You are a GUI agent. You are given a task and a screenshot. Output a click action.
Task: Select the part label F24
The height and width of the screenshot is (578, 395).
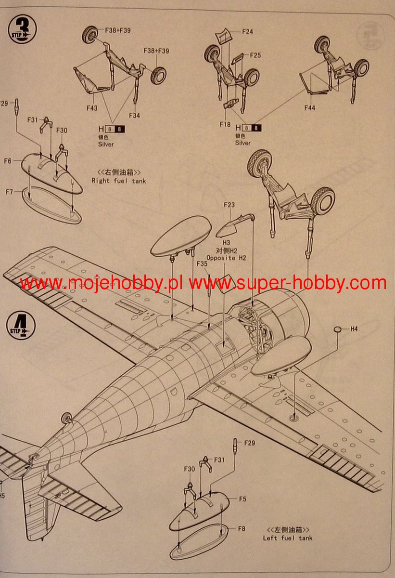point(247,32)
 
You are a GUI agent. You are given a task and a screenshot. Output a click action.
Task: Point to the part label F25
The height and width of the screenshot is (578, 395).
point(255,55)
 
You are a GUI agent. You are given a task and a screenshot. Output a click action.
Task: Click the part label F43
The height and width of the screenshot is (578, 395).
point(92,108)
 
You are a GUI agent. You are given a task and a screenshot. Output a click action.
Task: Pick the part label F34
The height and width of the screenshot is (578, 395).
point(134,115)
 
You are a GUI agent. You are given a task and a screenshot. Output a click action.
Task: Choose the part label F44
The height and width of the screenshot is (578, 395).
point(310,108)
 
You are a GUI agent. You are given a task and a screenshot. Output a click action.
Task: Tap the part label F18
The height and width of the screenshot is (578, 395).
point(225,124)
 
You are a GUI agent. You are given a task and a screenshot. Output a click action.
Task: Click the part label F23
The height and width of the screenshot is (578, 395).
point(229,205)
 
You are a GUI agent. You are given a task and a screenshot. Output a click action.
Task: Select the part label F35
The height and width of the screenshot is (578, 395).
point(202,263)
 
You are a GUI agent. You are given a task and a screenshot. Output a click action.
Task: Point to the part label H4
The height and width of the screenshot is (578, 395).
point(354,329)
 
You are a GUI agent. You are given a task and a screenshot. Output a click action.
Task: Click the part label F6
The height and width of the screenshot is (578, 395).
point(7,161)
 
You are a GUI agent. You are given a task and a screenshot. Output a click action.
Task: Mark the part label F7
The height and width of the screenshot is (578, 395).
point(9,192)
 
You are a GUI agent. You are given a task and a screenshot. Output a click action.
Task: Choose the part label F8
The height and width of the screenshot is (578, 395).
point(242,528)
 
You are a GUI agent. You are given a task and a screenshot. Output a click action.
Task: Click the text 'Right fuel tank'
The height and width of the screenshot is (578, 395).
point(118,181)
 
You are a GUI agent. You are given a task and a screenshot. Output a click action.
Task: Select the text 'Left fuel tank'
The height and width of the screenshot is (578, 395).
point(287,538)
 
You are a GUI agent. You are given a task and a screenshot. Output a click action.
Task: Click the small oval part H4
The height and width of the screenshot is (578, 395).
point(338,329)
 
